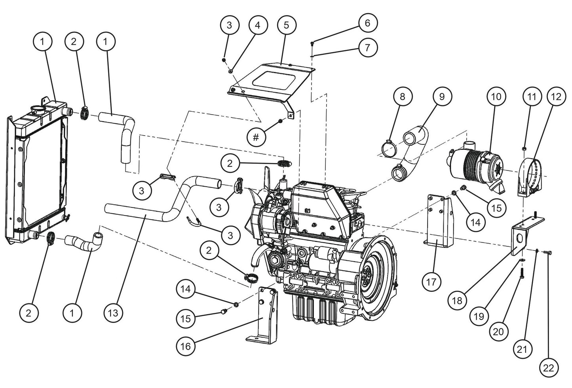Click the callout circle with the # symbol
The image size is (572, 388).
(256, 137)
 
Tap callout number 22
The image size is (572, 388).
(549, 368)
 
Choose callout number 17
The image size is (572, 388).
(431, 282)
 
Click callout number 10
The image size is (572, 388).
(496, 97)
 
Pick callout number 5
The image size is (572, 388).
(286, 25)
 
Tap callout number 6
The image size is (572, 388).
(367, 23)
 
